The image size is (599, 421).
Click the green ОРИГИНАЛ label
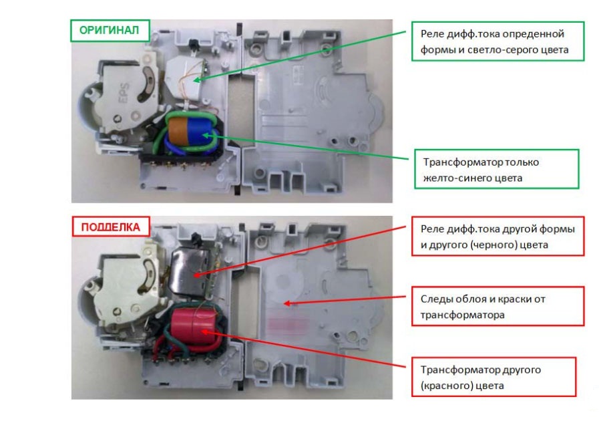pos(110,30)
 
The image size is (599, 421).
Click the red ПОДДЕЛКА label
pos(110,227)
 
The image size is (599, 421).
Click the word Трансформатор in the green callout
pos(463,162)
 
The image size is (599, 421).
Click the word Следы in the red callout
pos(437,299)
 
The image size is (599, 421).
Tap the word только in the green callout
pos(522,162)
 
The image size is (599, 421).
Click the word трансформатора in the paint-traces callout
pos(463,315)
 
